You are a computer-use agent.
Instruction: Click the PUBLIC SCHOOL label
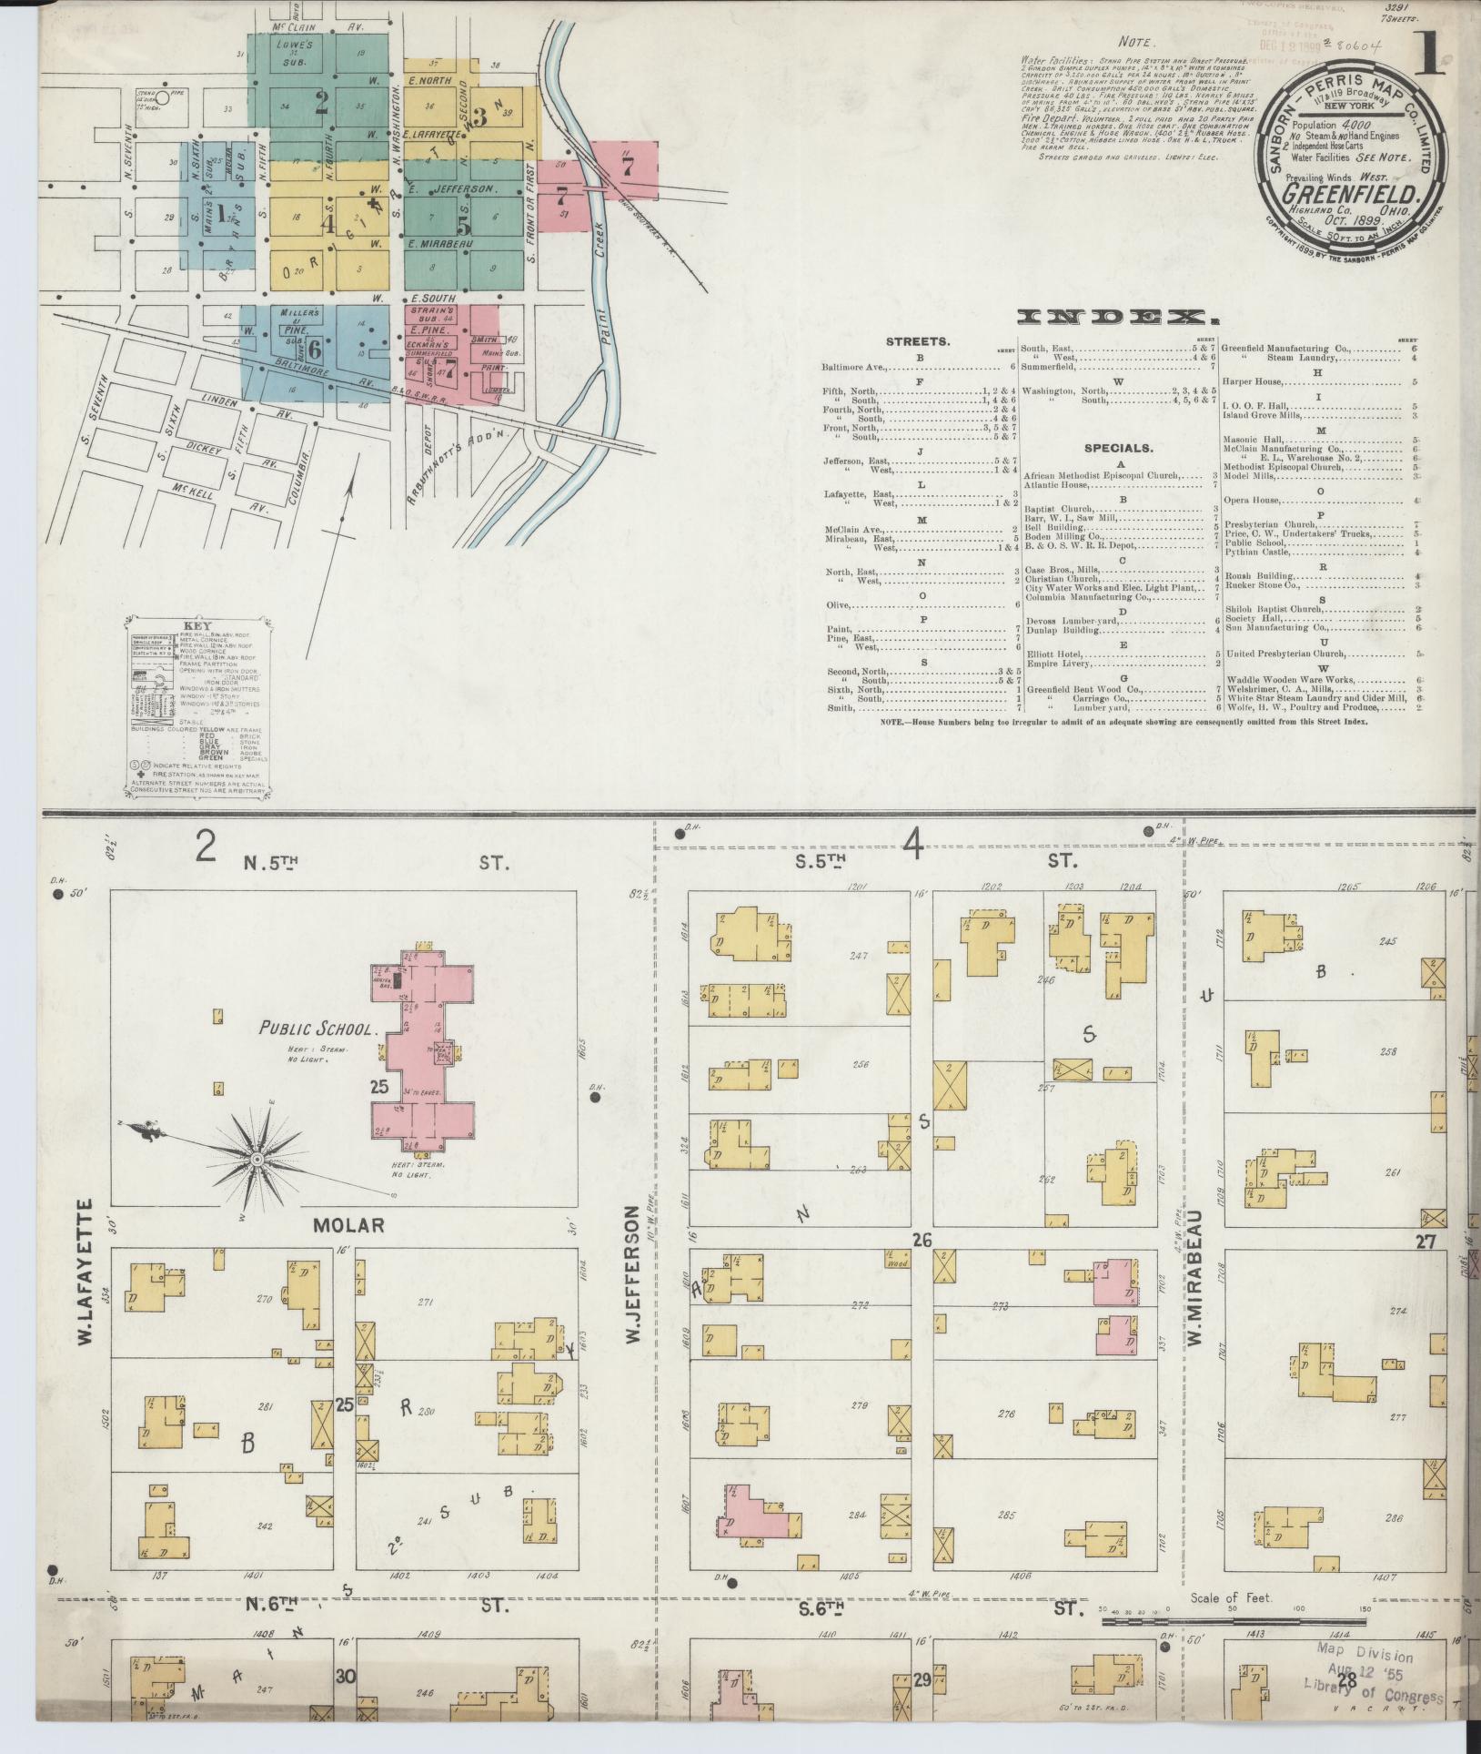click(x=317, y=1029)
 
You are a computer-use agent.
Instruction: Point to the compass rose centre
click(x=257, y=1160)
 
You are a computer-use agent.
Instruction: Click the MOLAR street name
click(x=348, y=1226)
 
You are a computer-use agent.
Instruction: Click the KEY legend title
click(x=197, y=627)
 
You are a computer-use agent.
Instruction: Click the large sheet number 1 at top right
click(x=1435, y=56)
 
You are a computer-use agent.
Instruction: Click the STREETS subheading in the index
click(x=919, y=342)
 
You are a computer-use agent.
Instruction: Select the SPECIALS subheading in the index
click(x=1117, y=449)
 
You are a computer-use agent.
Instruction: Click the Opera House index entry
click(x=1253, y=501)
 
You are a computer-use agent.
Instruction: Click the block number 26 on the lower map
click(x=922, y=1239)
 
